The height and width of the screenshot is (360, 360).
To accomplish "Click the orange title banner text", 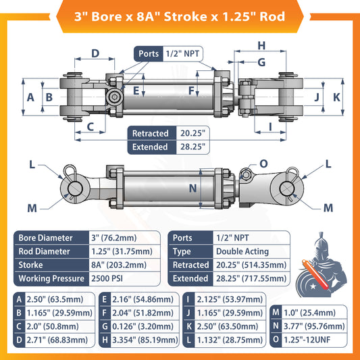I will [x=180, y=16].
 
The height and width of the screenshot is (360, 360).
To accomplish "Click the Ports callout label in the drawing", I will [x=149, y=53].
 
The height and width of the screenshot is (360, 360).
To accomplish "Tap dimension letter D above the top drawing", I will [x=95, y=53].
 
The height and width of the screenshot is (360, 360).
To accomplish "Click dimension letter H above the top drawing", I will [x=261, y=46].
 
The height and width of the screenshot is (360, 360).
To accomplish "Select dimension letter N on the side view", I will [x=192, y=188].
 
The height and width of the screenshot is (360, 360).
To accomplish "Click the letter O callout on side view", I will [x=263, y=163].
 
